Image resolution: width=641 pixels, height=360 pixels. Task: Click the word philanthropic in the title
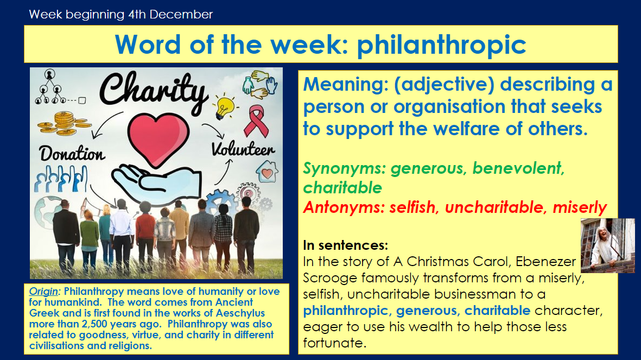click(441, 45)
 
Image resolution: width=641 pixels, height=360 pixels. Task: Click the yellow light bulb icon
click(225, 106)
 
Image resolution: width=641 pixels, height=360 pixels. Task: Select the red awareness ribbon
click(256, 121)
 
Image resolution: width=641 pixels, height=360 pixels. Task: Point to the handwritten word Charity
click(153, 92)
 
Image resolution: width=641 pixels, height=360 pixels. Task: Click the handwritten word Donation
click(72, 154)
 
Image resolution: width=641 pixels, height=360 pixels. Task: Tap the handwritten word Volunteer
click(243, 149)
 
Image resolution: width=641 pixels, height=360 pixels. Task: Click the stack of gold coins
click(64, 124)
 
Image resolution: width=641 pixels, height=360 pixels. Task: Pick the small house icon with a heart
click(267, 172)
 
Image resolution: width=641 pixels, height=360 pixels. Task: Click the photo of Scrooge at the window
click(608, 245)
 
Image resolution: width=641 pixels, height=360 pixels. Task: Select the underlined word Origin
click(43, 291)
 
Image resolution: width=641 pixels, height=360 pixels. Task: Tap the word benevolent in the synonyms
click(518, 168)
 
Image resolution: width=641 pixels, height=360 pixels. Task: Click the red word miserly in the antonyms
click(580, 208)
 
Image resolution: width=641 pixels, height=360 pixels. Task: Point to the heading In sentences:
click(345, 245)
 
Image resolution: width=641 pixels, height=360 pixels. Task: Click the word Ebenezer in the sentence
click(545, 261)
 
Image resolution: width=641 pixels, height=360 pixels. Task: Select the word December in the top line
click(181, 14)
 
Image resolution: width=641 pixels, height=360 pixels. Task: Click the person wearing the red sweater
click(145, 237)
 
